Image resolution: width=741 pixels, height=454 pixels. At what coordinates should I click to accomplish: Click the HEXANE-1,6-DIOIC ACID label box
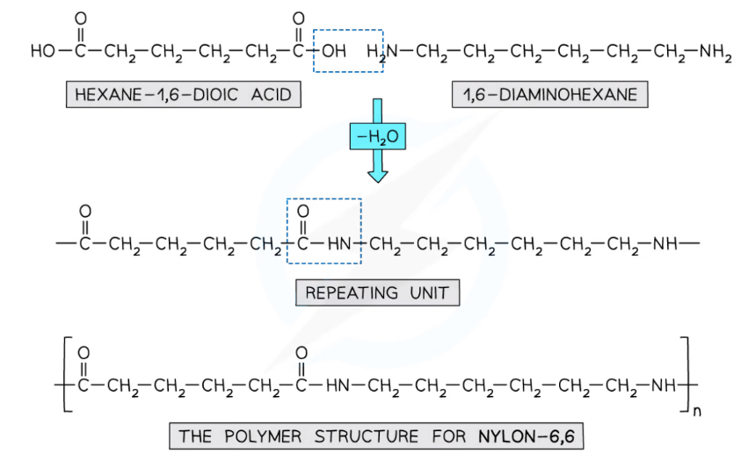coord(183,93)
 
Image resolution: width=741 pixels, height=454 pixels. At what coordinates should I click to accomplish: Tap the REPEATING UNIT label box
coord(377,292)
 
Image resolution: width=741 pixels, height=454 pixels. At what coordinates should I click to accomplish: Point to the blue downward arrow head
coord(377,174)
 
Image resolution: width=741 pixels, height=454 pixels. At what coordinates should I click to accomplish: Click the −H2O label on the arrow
coord(377,137)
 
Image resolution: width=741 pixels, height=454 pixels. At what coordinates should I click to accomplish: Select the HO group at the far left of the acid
coord(41,53)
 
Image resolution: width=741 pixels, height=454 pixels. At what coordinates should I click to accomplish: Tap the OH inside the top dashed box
coord(333,53)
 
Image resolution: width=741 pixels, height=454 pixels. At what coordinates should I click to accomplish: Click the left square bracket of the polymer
coord(67,375)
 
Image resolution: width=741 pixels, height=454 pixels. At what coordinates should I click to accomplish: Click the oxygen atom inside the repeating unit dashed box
coord(303,213)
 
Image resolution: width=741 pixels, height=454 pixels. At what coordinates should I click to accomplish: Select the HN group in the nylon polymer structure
coord(338,385)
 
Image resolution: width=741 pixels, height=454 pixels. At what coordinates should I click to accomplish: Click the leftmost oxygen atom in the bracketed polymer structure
coord(84,353)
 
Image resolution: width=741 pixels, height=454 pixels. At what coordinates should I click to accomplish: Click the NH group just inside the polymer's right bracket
coord(664,385)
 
